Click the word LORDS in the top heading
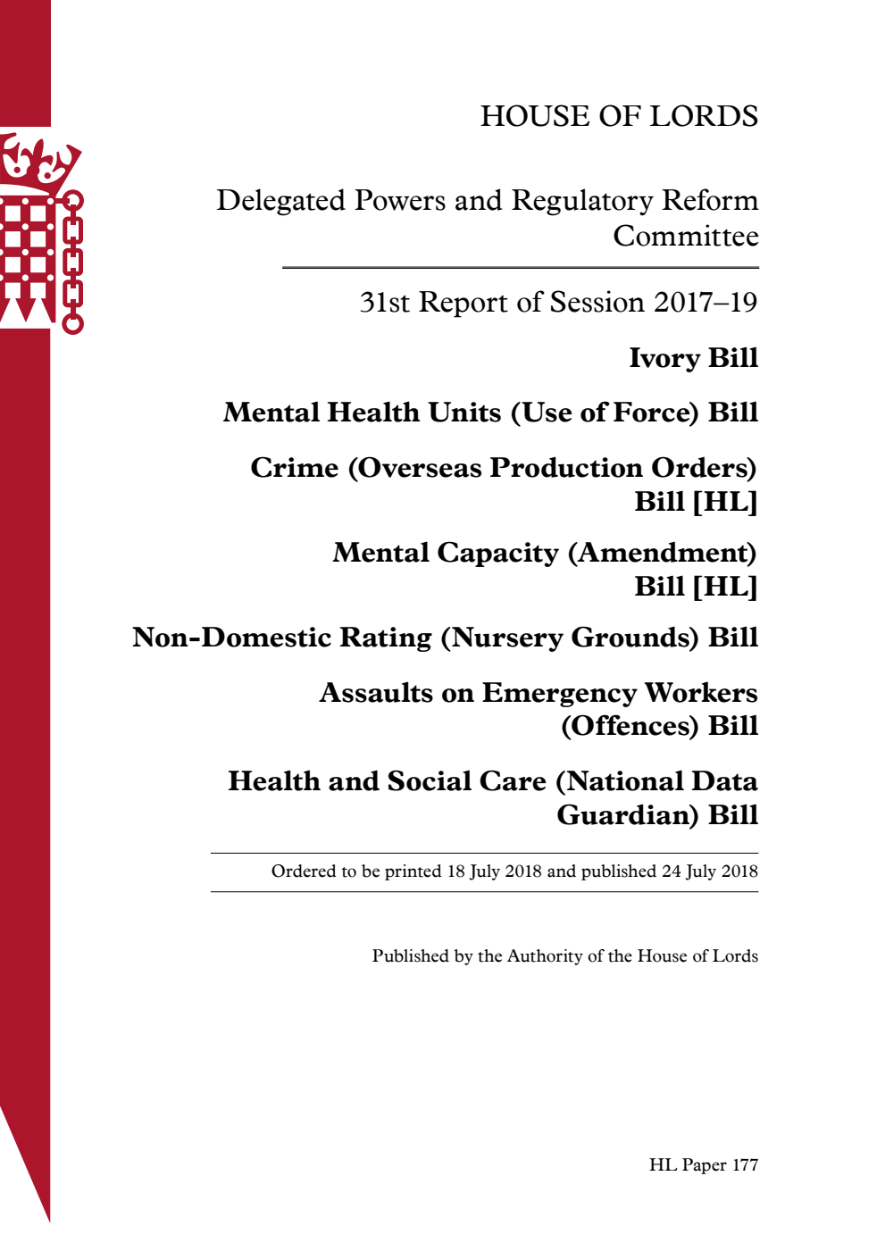pos(704,116)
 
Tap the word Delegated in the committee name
pos(280,201)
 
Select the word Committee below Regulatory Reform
pos(685,237)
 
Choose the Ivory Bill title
pos(693,358)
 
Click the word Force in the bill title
pos(654,413)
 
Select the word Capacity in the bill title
pos(497,553)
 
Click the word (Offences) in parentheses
pos(630,726)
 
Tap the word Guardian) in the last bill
pos(628,815)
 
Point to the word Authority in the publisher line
pos(545,956)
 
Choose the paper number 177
pos(745,1165)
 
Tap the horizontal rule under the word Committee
pos(520,268)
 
